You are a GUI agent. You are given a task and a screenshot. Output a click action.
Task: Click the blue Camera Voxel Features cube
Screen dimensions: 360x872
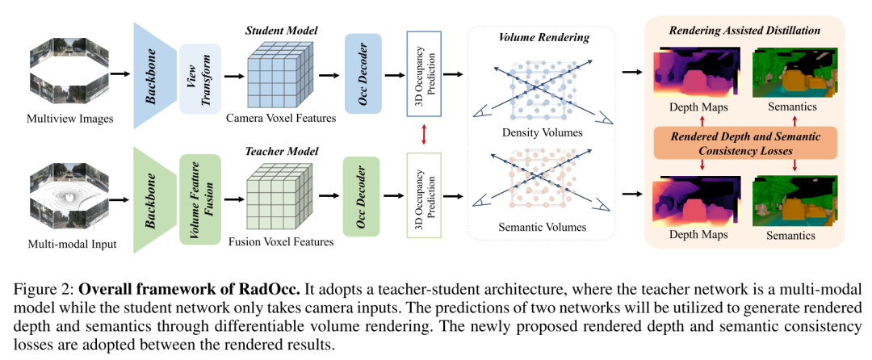(x=279, y=73)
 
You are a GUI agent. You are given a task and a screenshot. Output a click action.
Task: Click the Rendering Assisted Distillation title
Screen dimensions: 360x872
(x=744, y=30)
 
